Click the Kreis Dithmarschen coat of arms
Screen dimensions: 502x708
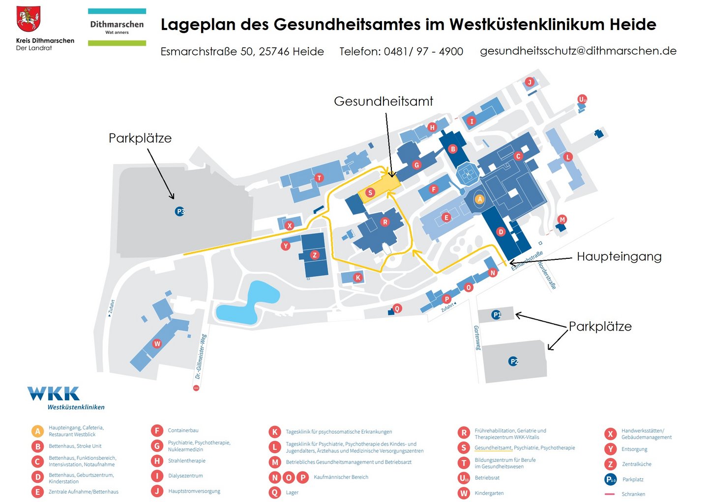(x=28, y=19)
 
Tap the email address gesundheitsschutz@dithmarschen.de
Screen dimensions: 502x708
(x=578, y=51)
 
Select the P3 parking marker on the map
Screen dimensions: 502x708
(x=180, y=212)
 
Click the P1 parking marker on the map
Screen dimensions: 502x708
(x=497, y=314)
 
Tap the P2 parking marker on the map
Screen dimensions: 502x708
(x=513, y=362)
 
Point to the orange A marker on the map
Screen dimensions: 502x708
(x=480, y=199)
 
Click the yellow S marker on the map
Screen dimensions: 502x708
(x=370, y=193)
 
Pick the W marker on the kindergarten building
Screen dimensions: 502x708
(x=157, y=343)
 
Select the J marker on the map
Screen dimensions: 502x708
(x=530, y=82)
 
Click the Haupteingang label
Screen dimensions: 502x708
(x=619, y=256)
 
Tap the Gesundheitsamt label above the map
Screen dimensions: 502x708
(x=383, y=101)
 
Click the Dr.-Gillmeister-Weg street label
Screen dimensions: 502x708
(x=201, y=357)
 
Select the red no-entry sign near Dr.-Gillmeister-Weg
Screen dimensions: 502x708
(x=196, y=388)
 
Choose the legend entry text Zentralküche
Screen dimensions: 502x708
(x=636, y=464)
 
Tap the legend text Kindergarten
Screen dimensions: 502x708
(x=489, y=493)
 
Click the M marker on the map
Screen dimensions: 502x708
(x=562, y=220)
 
